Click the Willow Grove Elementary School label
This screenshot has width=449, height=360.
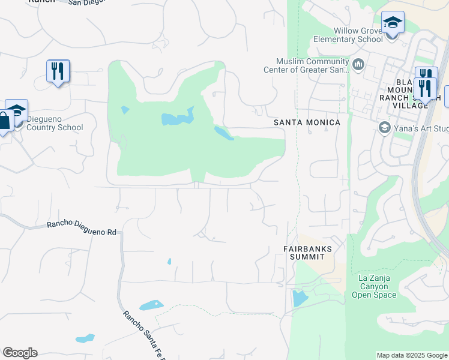(x=348, y=35)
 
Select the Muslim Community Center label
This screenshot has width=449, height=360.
(x=306, y=65)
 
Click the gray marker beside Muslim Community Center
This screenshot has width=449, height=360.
(x=358, y=64)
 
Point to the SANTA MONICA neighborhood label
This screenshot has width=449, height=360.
(x=307, y=122)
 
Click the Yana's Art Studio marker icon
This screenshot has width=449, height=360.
(x=384, y=127)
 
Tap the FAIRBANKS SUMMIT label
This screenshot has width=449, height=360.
(x=304, y=252)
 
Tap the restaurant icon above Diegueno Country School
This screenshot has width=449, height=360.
(x=58, y=71)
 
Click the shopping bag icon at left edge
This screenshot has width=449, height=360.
(x=5, y=120)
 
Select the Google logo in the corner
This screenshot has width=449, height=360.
(x=20, y=353)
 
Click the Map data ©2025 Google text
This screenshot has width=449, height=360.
(x=412, y=355)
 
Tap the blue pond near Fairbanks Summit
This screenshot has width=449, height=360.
(x=299, y=298)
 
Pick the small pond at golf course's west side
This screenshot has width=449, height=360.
(x=125, y=110)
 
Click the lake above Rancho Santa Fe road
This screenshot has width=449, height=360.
(x=151, y=305)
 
